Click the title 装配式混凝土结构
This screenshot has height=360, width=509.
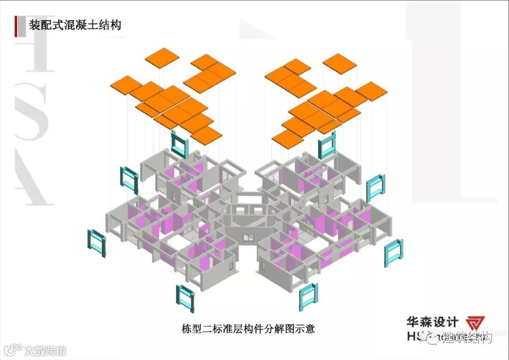75,24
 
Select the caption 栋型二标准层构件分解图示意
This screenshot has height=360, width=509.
248,328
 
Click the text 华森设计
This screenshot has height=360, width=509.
432,322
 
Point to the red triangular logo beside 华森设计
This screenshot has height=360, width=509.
475,324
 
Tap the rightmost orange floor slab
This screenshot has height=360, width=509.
371,90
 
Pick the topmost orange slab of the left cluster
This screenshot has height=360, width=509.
162,57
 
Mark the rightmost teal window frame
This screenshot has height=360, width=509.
393,253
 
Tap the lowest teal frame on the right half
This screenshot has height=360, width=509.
309,296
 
